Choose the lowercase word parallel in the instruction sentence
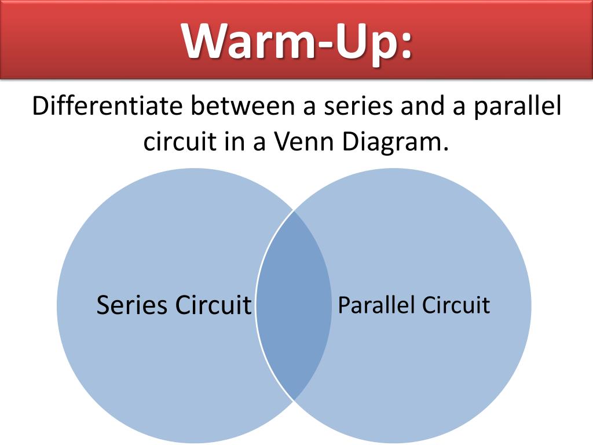(518, 108)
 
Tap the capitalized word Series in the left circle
(132, 305)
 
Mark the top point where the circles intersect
(294, 211)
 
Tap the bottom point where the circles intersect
(294, 400)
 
